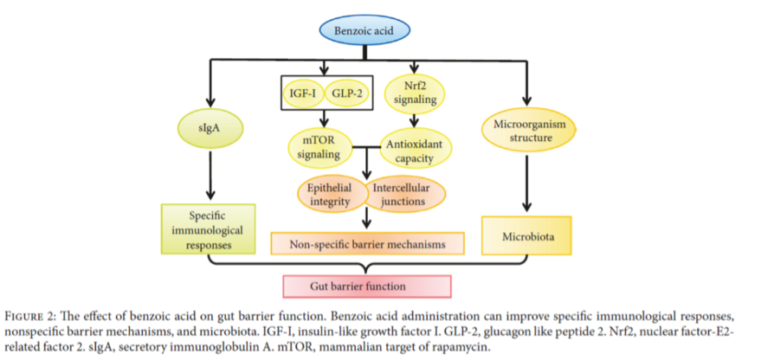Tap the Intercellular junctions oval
pyautogui.click(x=403, y=195)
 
